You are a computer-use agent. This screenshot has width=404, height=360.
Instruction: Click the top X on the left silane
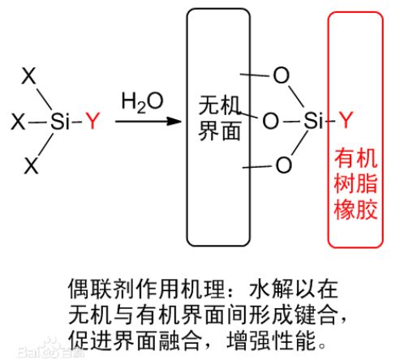pyautogui.click(x=28, y=75)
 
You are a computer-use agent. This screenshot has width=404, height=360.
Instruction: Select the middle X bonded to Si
pyautogui.click(x=19, y=122)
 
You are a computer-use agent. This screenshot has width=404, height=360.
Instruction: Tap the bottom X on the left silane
pyautogui.click(x=32, y=165)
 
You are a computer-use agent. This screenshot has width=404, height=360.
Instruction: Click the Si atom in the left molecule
pyautogui.click(x=61, y=121)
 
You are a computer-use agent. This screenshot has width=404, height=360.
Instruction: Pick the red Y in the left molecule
pyautogui.click(x=92, y=121)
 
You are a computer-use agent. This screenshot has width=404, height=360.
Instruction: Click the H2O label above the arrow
pyautogui.click(x=142, y=102)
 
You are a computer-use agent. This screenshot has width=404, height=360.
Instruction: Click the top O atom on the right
pyautogui.click(x=282, y=75)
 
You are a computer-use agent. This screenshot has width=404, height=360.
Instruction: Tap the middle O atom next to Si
pyautogui.click(x=270, y=121)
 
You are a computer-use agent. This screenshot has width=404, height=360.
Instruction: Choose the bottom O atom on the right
pyautogui.click(x=284, y=165)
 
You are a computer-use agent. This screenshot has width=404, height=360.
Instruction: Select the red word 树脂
pyautogui.click(x=355, y=184)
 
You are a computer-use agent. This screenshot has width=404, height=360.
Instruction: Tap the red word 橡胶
pyautogui.click(x=355, y=209)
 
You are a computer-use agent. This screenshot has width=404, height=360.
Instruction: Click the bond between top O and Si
pyautogui.click(x=296, y=96)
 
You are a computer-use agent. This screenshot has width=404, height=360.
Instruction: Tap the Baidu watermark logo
pyautogui.click(x=50, y=350)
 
